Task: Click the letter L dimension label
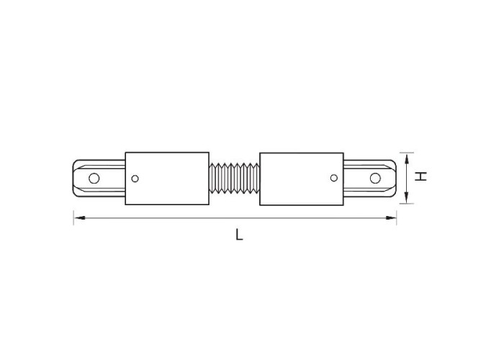(239, 234)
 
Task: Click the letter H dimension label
(420, 176)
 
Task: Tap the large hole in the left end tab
(94, 178)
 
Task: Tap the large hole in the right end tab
(375, 178)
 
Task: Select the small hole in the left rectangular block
(135, 179)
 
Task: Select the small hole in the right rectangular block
(334, 178)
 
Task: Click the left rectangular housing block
(167, 179)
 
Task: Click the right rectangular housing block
(302, 179)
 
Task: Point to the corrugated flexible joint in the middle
(234, 179)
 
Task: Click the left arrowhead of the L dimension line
(79, 218)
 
